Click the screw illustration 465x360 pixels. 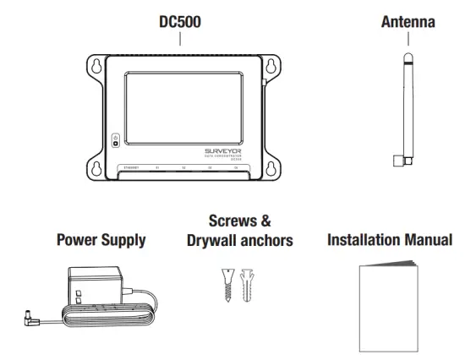pos(224,284)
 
